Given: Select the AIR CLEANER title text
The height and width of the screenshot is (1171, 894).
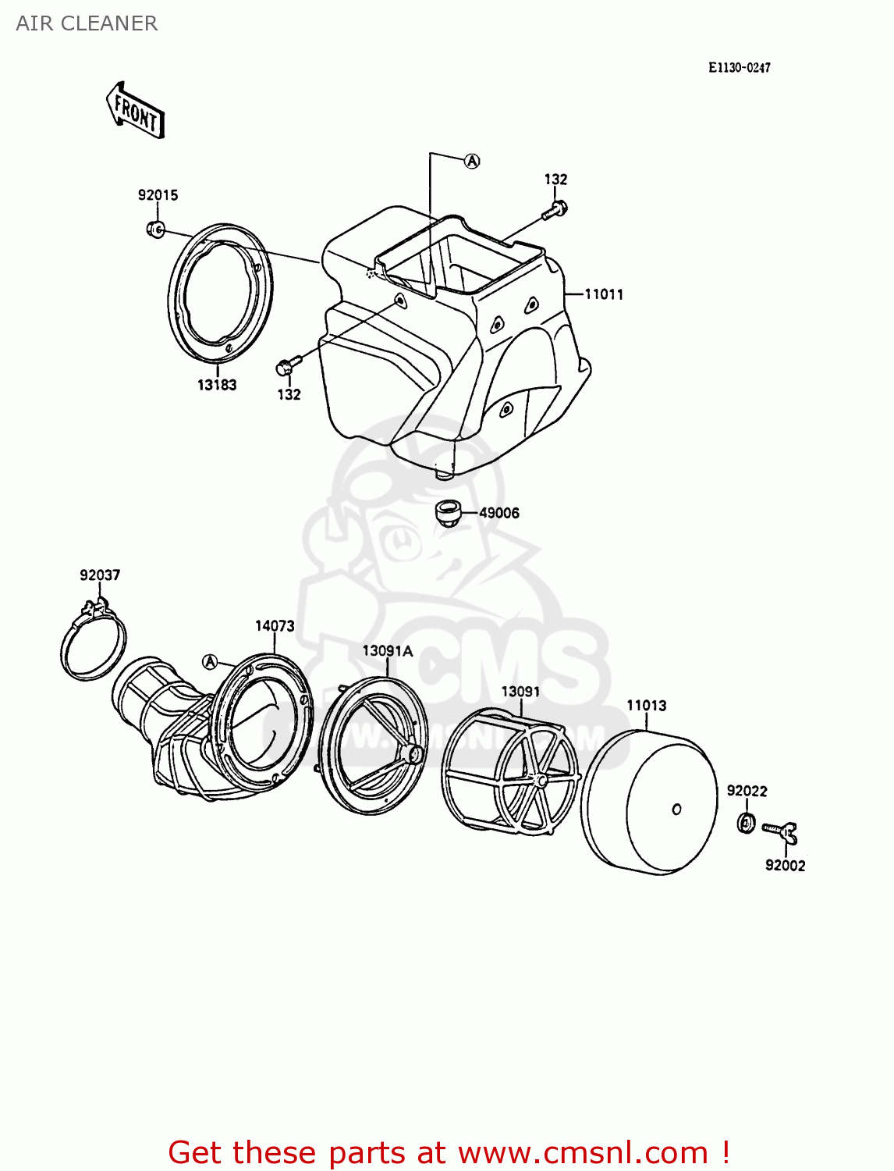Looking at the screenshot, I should [x=87, y=23].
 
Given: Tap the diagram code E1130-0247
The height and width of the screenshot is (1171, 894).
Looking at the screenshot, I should [x=739, y=68].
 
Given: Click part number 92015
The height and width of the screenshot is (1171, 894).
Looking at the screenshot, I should [x=158, y=195].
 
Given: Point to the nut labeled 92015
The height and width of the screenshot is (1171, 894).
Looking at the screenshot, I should [x=154, y=230].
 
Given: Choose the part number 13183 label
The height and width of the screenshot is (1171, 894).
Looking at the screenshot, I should [x=216, y=385].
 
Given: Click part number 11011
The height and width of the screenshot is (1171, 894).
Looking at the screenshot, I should [x=604, y=294].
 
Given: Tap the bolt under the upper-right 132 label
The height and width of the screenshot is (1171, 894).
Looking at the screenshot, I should [x=555, y=209].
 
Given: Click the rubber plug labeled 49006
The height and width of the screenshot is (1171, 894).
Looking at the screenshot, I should [x=447, y=514].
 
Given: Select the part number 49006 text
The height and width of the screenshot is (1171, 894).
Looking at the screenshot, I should [x=498, y=513].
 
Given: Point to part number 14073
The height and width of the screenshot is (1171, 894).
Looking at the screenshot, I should [x=275, y=626].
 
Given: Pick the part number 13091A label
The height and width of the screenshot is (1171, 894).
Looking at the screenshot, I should [x=387, y=651].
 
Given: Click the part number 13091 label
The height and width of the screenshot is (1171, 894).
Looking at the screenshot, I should [x=520, y=692].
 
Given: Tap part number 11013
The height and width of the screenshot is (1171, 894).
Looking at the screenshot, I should [x=646, y=706].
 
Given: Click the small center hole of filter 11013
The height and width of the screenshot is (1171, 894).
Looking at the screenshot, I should [x=676, y=810].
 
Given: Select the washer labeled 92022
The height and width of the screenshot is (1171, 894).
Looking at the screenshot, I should [x=746, y=821].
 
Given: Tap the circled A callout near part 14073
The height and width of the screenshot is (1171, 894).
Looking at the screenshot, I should [x=209, y=662].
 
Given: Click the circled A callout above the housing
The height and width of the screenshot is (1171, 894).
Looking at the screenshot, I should [x=472, y=161].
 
